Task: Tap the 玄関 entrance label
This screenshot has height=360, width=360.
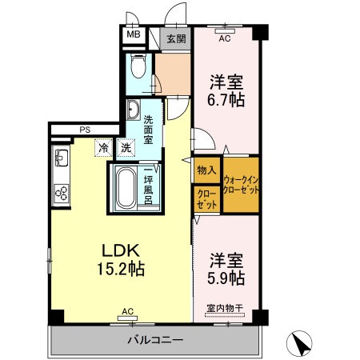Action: pos(177,37)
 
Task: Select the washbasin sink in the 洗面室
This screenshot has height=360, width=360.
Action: pos(132,110)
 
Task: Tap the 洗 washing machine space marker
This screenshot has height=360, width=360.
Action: pos(126,148)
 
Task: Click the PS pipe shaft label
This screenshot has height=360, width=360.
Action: pos(84,130)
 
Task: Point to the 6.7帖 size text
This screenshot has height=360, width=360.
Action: pos(227,102)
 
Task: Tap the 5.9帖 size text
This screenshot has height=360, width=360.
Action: pos(227,279)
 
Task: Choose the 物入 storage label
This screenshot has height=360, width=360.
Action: pos(206,170)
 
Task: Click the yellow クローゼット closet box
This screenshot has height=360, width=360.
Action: pos(206,200)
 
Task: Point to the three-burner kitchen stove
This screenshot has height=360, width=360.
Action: pos(61,190)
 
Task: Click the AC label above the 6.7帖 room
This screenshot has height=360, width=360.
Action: pos(224,38)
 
